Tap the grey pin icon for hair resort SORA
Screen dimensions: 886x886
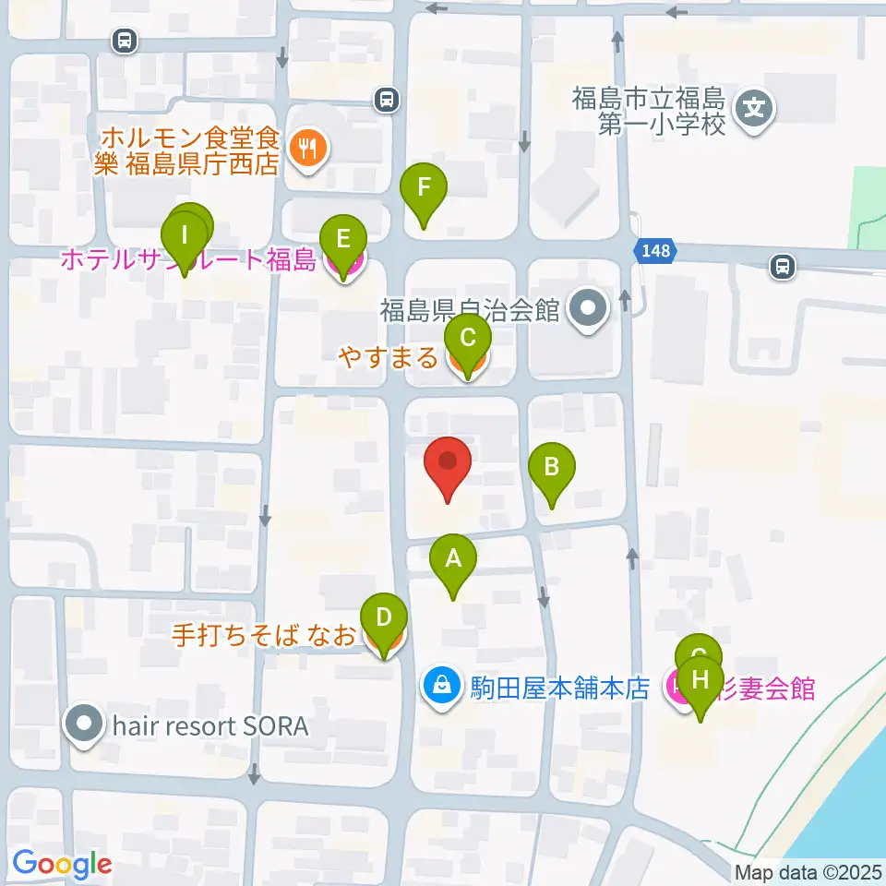(x=86, y=724)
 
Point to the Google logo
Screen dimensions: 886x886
(x=62, y=864)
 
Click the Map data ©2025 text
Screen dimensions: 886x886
(x=807, y=872)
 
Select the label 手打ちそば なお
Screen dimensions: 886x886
(x=264, y=636)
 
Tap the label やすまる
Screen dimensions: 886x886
(x=388, y=357)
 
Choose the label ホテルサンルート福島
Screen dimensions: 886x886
(x=188, y=260)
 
